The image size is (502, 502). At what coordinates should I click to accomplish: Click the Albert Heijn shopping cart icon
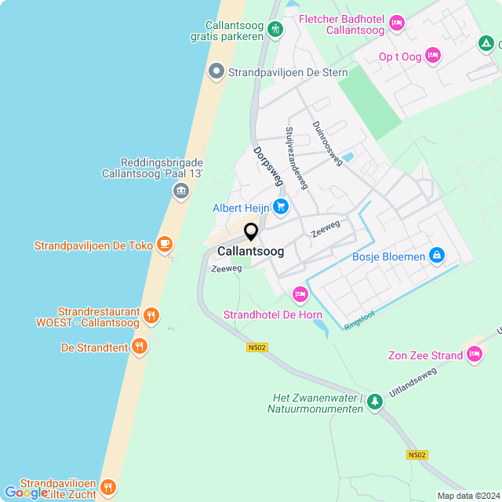(x=280, y=208)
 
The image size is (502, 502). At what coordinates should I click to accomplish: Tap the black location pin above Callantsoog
(x=251, y=232)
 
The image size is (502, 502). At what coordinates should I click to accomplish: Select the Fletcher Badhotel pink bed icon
(x=397, y=24)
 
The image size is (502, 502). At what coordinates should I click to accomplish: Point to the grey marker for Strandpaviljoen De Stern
(x=216, y=73)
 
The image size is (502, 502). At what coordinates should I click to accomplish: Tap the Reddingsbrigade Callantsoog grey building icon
(x=181, y=191)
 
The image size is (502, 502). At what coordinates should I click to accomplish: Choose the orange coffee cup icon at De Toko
(x=164, y=245)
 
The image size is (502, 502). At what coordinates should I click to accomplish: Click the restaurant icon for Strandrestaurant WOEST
(x=151, y=316)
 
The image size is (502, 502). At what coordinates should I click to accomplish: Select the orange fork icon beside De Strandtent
(x=140, y=346)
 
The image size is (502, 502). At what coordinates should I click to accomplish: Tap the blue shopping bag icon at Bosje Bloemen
(x=437, y=256)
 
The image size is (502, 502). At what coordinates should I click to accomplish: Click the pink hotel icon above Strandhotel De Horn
(x=299, y=295)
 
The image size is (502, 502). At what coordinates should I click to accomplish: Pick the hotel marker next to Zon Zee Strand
(x=474, y=355)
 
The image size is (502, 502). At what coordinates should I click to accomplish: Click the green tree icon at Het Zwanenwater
(x=375, y=402)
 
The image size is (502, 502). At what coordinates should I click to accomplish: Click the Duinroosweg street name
(x=327, y=144)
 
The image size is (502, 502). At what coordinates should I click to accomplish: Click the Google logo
(x=26, y=492)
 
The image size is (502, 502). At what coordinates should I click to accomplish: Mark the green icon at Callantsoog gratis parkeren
(x=275, y=30)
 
